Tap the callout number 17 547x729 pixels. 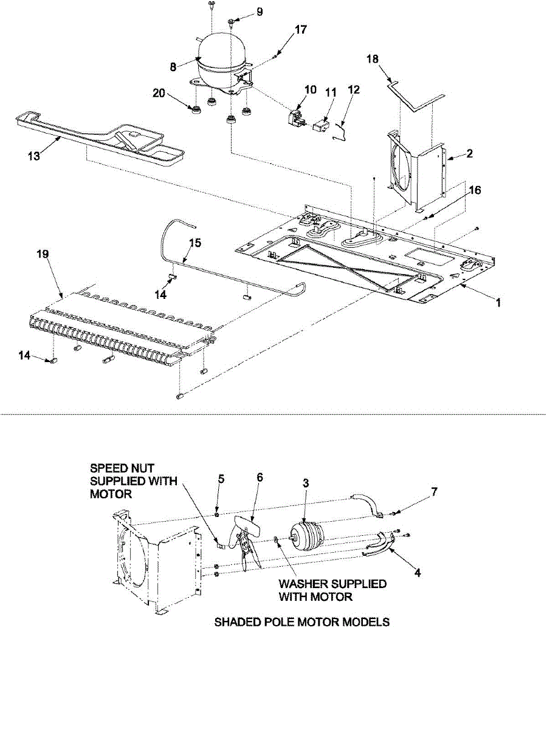point(301,30)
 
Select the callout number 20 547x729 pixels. point(159,94)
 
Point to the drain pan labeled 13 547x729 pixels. point(100,140)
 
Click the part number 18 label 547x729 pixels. point(373,59)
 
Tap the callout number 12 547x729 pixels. point(354,90)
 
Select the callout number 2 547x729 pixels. point(469,154)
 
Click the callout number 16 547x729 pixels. point(476,190)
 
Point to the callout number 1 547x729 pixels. point(498,303)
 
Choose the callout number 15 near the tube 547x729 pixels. point(195,243)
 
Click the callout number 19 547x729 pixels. point(43,255)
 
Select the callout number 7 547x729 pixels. point(435,491)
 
